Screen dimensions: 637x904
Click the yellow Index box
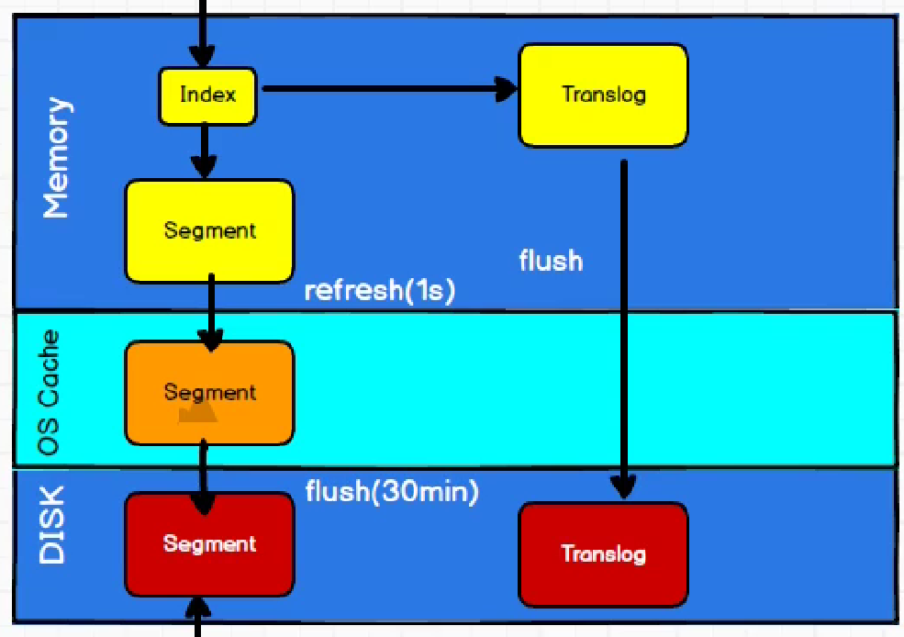pos(207,95)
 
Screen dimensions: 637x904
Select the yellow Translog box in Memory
pos(603,95)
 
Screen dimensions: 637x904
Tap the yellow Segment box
pos(209,230)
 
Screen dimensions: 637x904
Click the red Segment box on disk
pos(209,544)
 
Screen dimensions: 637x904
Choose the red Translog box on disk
pos(603,554)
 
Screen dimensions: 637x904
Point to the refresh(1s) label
pos(379,290)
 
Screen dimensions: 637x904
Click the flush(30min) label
pos(392,492)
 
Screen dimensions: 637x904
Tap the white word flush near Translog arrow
pos(551,261)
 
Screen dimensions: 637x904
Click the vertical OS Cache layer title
pos(50,392)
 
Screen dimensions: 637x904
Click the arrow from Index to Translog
pos(385,89)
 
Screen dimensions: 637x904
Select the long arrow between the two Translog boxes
pos(624,321)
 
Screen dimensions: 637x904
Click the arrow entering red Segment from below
pos(197,617)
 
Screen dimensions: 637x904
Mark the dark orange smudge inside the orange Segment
pos(198,414)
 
